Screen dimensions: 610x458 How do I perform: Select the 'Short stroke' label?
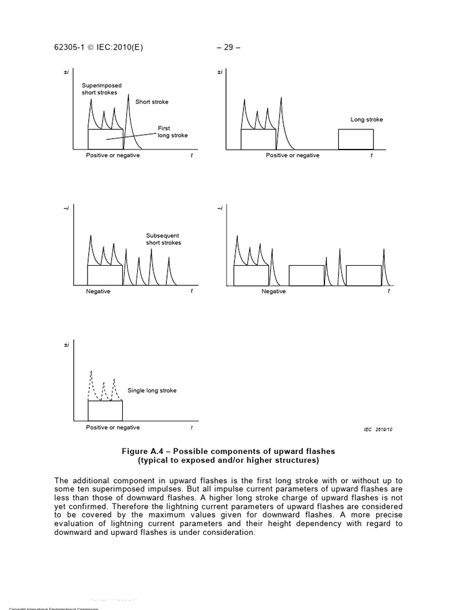pos(151,102)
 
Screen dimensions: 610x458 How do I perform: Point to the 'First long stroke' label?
pos(172,132)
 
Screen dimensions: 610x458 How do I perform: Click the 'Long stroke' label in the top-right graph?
pos(366,120)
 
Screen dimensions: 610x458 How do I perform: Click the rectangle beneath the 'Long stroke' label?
pos(355,139)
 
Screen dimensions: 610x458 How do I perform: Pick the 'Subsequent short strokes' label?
pos(163,239)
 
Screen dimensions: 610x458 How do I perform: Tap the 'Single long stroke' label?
pos(152,391)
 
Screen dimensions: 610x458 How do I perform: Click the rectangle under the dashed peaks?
pos(105,410)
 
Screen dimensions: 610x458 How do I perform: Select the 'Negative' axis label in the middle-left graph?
pos(98,291)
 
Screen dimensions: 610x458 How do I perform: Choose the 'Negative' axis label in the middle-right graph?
pos(273,291)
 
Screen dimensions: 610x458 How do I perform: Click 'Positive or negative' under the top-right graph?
pos(292,155)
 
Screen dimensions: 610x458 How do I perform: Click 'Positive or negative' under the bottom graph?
pos(113,427)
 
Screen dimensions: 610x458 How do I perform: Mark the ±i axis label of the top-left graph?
pos(67,73)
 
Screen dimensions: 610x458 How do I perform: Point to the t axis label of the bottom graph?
pos(191,428)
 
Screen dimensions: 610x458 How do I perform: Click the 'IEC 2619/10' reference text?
pos(376,429)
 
